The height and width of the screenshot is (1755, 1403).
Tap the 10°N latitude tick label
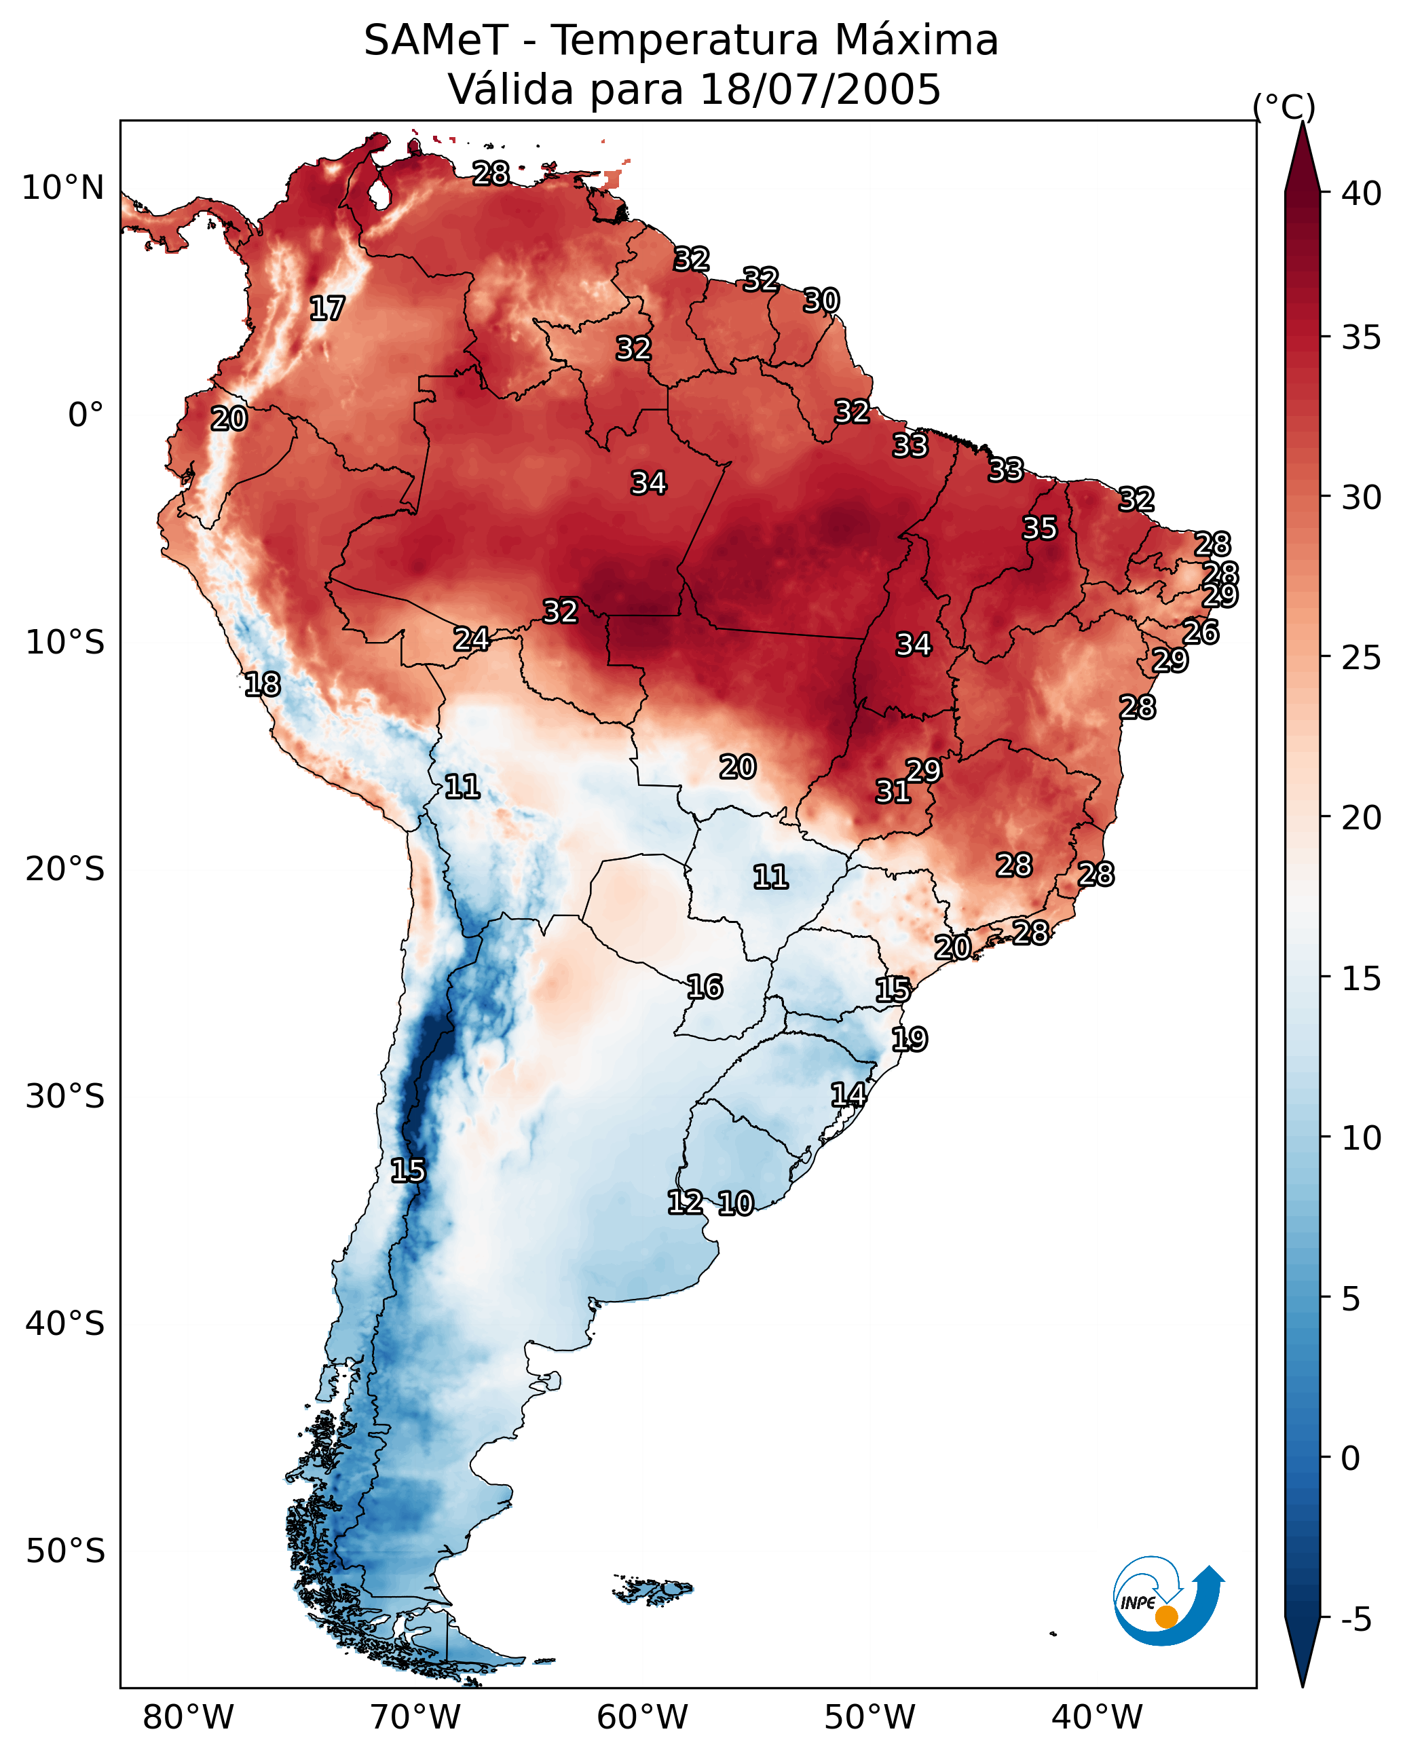click(62, 188)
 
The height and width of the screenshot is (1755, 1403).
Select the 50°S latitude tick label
click(65, 1551)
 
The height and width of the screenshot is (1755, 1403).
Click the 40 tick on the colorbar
click(1361, 193)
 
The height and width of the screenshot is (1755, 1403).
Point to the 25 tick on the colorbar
click(1361, 657)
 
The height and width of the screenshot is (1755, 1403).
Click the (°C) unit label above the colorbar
click(1284, 107)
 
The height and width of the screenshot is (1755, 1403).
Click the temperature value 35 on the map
click(1040, 527)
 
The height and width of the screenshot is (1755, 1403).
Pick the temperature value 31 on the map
click(893, 791)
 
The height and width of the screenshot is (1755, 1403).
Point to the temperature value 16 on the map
click(705, 987)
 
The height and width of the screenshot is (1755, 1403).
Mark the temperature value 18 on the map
click(262, 684)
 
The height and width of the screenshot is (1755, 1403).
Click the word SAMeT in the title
click(436, 41)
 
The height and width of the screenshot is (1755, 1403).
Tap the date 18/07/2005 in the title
click(819, 90)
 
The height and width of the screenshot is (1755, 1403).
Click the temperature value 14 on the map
click(848, 1094)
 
